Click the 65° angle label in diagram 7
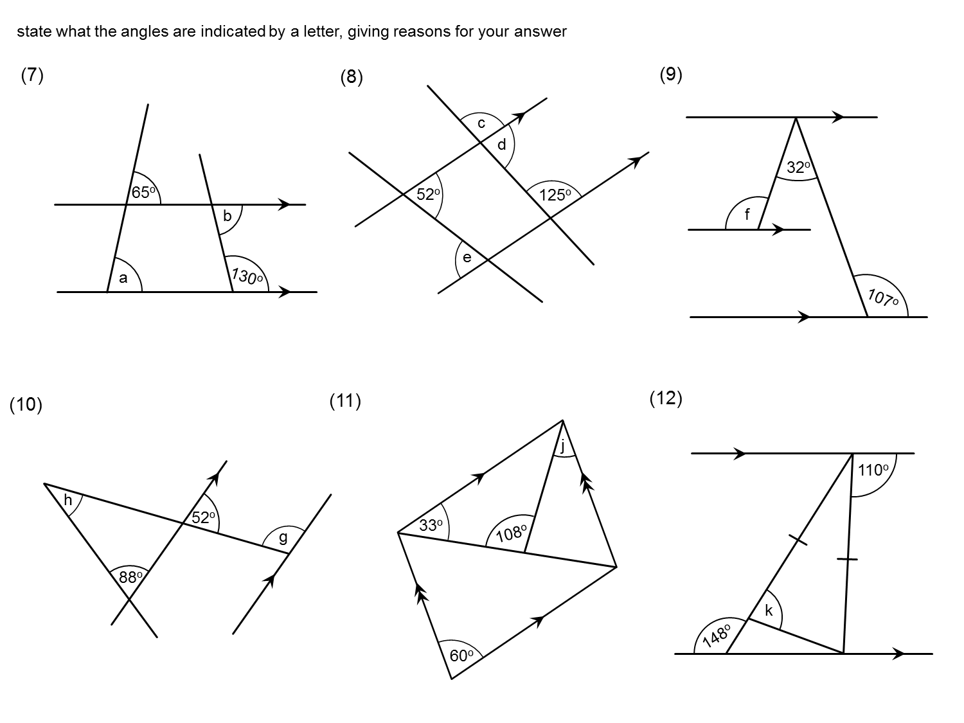[x=144, y=192]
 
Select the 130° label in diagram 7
[x=247, y=276]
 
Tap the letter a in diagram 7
[x=123, y=278]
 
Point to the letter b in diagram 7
[x=227, y=217]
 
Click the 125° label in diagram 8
[x=555, y=195]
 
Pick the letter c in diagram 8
[x=481, y=123]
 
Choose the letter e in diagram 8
[x=467, y=258]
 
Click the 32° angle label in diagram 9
[x=798, y=168]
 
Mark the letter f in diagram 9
[x=747, y=215]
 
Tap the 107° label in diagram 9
[x=883, y=298]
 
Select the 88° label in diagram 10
[x=130, y=577]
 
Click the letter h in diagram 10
[x=67, y=500]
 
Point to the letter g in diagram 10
[x=283, y=538]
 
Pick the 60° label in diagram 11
[x=461, y=656]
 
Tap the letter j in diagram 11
[x=563, y=445]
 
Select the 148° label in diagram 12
[x=717, y=635]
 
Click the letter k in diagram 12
[x=769, y=611]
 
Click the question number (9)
[x=671, y=75]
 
